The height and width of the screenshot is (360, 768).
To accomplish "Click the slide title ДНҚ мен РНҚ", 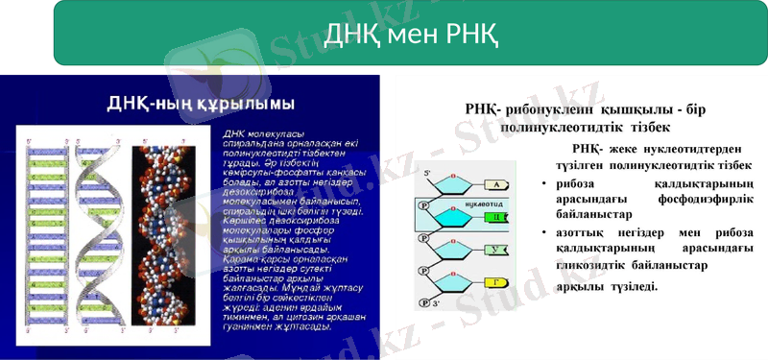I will point(410,36).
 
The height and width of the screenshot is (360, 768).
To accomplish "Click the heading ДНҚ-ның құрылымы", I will point(200,103).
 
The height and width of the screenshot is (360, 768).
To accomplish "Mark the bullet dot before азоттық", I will point(543,232).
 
